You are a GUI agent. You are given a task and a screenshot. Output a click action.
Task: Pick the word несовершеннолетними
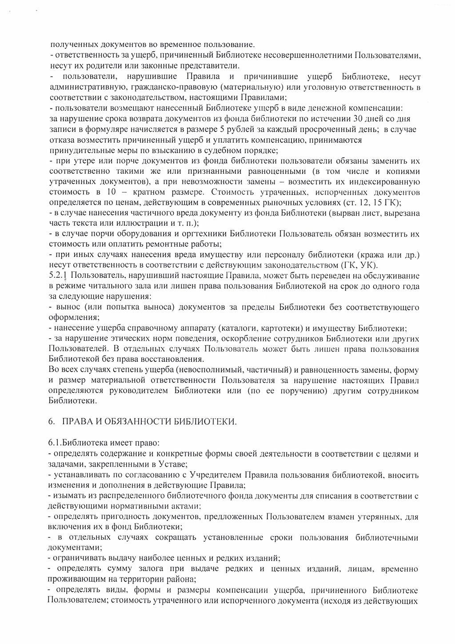307,56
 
